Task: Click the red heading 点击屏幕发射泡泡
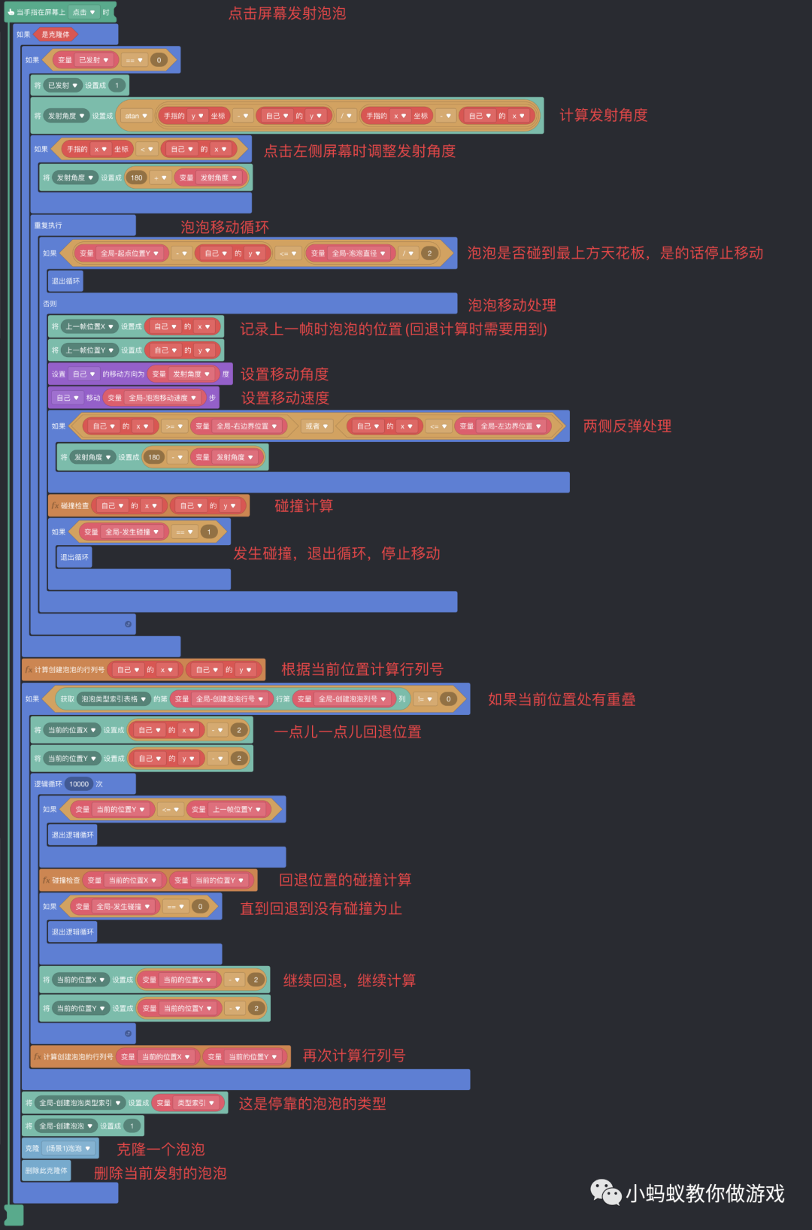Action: click(287, 14)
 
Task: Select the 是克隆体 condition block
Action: click(56, 35)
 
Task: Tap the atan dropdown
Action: click(136, 116)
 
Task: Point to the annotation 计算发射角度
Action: click(603, 115)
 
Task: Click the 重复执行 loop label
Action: click(48, 226)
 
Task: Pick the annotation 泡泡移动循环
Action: click(224, 227)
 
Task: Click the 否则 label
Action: click(50, 304)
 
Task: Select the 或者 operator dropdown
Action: click(317, 426)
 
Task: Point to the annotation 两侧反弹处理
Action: click(627, 426)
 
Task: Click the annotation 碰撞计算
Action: click(304, 506)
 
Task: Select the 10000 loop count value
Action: click(79, 784)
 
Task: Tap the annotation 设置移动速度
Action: click(285, 398)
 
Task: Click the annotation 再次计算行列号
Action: click(353, 1056)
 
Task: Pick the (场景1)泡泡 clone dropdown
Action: click(68, 1149)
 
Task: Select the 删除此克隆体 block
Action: click(46, 1171)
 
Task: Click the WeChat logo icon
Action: click(605, 1192)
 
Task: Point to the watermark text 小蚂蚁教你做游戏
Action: click(704, 1193)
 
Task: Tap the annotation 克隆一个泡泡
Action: click(160, 1149)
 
